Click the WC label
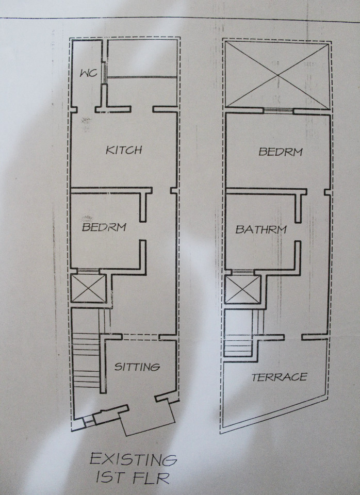[88, 73]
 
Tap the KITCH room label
[124, 150]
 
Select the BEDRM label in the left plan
[104, 227]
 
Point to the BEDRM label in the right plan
[281, 152]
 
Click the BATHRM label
[261, 229]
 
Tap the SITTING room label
[137, 367]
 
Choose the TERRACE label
[279, 377]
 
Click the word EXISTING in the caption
[133, 459]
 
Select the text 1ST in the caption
[109, 477]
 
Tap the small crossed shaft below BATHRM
[243, 289]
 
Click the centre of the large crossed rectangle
[277, 75]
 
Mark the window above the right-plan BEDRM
[278, 111]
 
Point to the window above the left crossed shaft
[88, 271]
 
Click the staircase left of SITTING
[87, 360]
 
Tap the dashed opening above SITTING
[140, 337]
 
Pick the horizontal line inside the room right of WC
[141, 77]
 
